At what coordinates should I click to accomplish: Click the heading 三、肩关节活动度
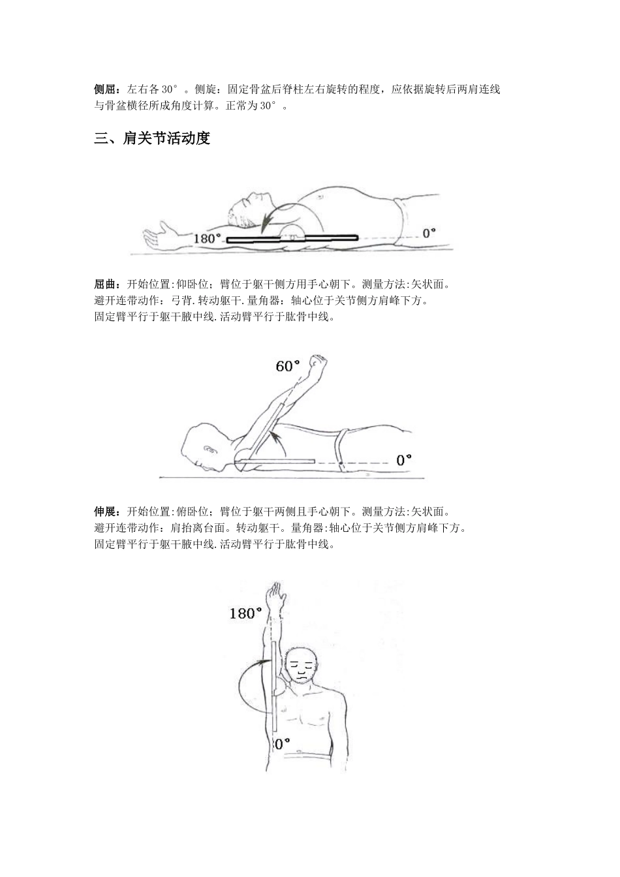[x=152, y=139]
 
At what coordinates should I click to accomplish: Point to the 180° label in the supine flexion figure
[x=208, y=238]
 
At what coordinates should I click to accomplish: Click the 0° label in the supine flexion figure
[x=428, y=232]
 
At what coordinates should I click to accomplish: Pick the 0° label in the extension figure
[x=404, y=460]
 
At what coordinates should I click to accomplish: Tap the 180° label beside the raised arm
[x=245, y=613]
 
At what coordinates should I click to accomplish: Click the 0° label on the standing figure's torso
[x=281, y=744]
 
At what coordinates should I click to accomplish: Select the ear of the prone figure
[x=209, y=450]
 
